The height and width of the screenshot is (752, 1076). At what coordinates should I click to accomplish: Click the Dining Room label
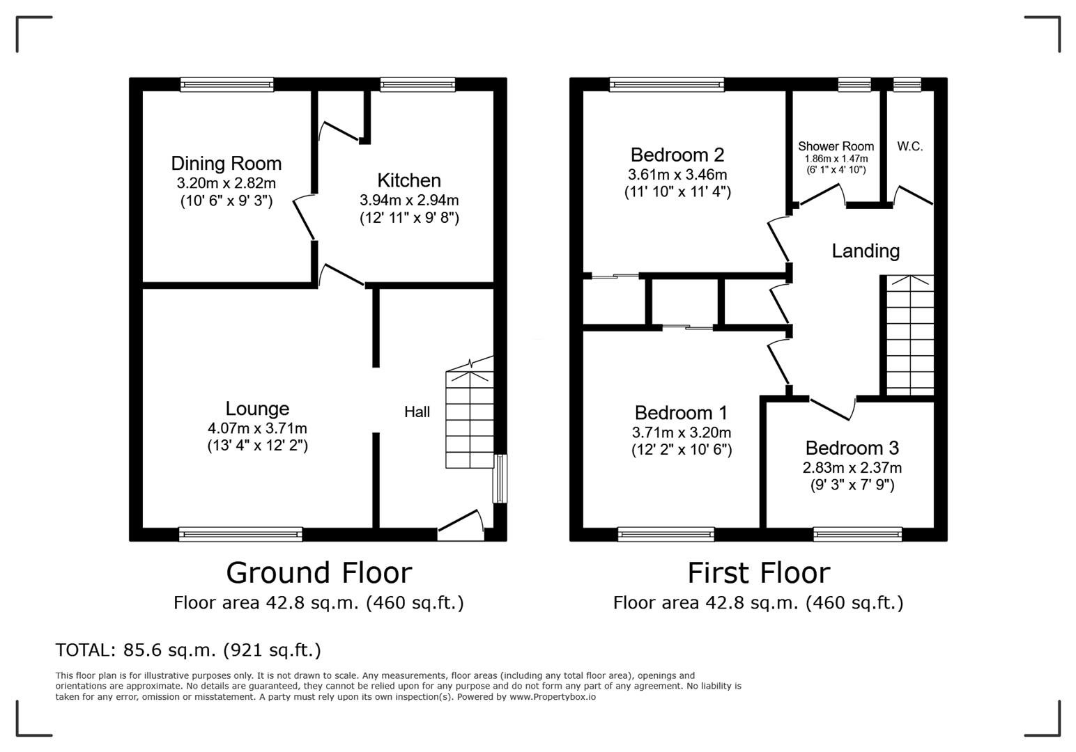click(226, 164)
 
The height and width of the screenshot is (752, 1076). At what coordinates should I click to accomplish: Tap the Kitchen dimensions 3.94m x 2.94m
click(409, 200)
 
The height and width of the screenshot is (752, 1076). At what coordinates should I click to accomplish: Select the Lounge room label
click(257, 409)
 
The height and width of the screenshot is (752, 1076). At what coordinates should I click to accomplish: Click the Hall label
click(417, 412)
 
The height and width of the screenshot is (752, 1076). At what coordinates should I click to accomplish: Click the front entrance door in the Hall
click(461, 526)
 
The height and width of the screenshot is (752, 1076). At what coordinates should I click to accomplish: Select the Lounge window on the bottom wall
click(240, 534)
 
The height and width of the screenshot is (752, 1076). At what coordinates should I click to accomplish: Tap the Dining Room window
click(226, 84)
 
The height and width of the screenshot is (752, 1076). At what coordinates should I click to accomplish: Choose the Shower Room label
click(836, 146)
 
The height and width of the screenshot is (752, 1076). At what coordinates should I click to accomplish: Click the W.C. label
click(909, 146)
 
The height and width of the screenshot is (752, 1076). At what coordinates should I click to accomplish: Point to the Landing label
click(866, 251)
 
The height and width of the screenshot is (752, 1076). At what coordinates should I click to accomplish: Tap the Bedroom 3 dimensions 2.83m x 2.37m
click(852, 468)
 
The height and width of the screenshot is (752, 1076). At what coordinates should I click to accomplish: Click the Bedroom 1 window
click(666, 534)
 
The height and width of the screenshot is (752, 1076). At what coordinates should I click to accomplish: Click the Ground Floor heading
click(318, 573)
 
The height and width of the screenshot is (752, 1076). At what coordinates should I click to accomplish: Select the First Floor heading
click(758, 573)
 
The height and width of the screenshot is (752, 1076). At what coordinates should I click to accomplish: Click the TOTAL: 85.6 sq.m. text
click(188, 650)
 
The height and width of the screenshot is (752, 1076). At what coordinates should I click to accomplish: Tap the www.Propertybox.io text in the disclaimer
click(552, 696)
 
